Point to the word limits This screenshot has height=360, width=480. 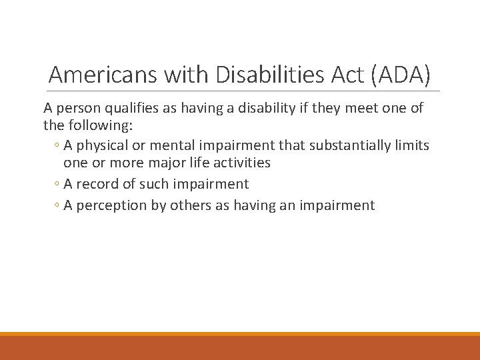(x=412, y=146)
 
